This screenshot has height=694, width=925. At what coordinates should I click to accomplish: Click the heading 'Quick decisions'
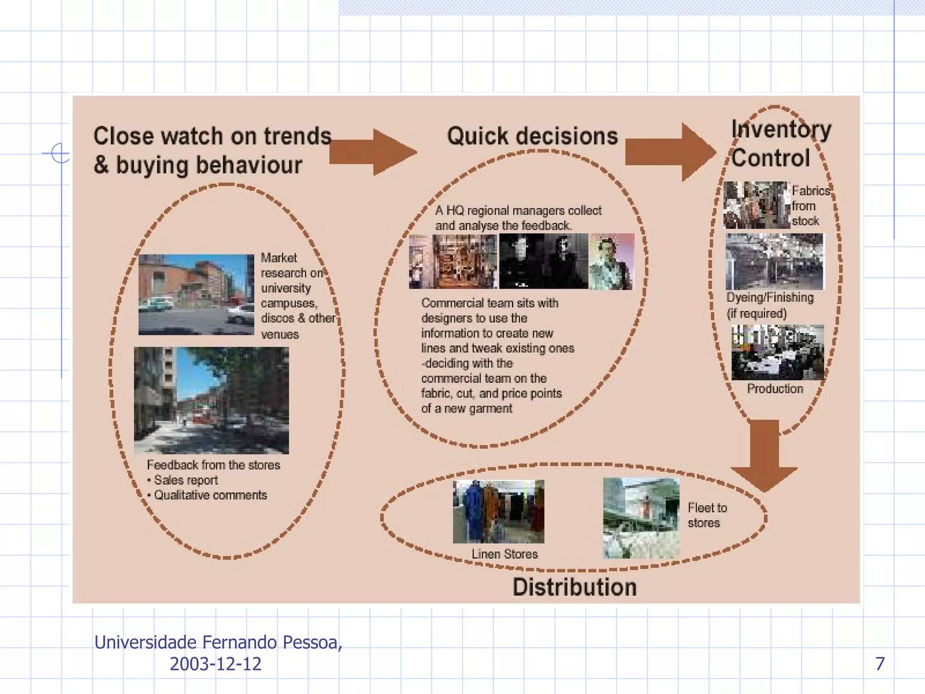[x=532, y=136]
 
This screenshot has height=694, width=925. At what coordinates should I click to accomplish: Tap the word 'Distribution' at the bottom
[x=575, y=587]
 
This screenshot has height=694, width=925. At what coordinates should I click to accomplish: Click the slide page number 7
[x=880, y=663]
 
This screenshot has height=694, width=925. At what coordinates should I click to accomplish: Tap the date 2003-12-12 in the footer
[x=215, y=664]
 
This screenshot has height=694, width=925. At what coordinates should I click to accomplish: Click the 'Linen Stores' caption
[x=505, y=554]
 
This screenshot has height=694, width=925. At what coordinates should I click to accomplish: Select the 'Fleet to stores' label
[x=707, y=515]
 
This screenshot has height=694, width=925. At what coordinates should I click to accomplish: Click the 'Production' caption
[x=775, y=389]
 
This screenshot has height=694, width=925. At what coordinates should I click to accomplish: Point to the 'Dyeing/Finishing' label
[x=770, y=297]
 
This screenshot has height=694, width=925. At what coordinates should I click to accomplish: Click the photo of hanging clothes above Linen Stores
[x=498, y=511]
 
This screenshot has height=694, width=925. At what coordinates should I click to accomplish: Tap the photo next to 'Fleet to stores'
[x=641, y=518]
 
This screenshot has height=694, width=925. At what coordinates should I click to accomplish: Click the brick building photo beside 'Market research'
[x=196, y=294]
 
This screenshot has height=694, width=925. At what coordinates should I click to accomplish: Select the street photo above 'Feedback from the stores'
[x=211, y=400]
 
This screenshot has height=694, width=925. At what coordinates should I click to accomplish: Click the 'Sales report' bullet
[x=186, y=480]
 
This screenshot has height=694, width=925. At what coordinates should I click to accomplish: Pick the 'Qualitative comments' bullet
[x=210, y=495]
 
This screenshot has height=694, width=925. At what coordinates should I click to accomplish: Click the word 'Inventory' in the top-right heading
[x=781, y=129]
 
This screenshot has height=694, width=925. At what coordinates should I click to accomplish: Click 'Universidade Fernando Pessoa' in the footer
[x=218, y=642]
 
